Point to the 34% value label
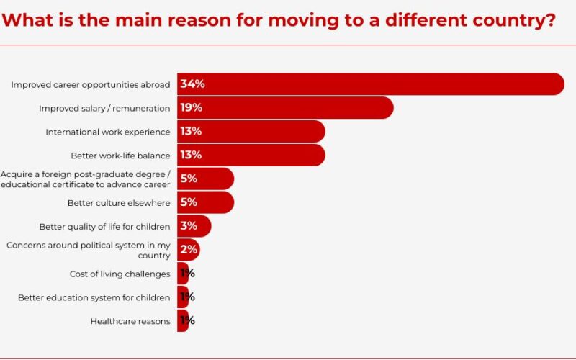click(192, 84)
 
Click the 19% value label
click(191, 108)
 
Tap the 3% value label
click(189, 226)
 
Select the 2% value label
click(188, 250)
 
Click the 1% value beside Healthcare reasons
click(187, 320)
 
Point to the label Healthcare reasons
click(130, 321)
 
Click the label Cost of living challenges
click(120, 274)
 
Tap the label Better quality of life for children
click(104, 227)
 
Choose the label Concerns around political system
click(88, 250)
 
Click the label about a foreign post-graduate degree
click(86, 179)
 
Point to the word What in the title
click(27, 19)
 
